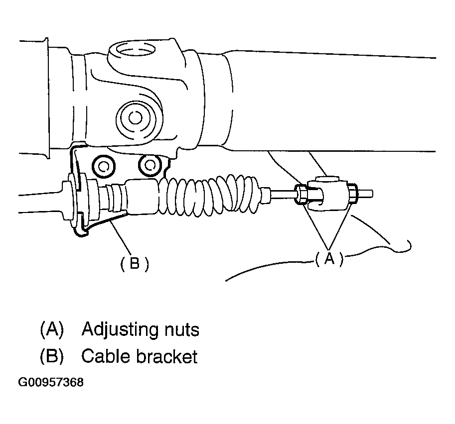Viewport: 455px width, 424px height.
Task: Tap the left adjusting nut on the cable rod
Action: [x=301, y=196]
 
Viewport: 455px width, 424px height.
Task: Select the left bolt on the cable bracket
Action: [x=104, y=165]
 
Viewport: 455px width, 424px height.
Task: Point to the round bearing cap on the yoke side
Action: [x=134, y=118]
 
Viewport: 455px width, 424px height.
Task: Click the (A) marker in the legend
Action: [x=52, y=330]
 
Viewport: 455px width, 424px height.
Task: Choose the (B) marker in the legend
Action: [x=52, y=356]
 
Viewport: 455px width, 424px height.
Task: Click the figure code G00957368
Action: [x=51, y=383]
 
